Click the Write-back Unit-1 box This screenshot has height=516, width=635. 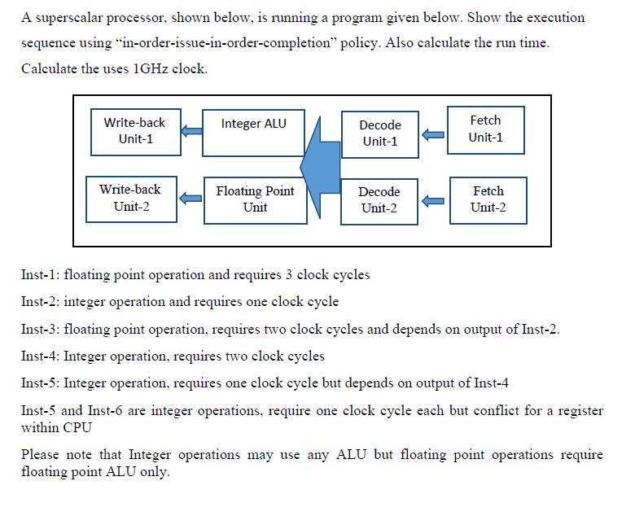[134, 131]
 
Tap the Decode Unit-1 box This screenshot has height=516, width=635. [379, 134]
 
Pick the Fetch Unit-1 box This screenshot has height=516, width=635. [485, 129]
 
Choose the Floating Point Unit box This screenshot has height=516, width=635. [254, 200]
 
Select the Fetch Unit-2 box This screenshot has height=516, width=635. [488, 199]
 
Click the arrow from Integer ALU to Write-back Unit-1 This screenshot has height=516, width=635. [191, 131]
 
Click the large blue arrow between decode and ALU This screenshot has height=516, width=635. [319, 166]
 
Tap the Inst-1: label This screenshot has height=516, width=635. [40, 274]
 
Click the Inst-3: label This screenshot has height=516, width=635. [40, 329]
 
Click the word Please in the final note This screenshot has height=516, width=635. [40, 454]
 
